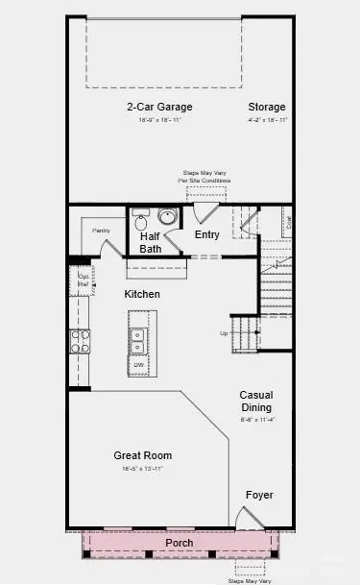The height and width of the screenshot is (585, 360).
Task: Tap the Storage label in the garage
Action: pos(267,107)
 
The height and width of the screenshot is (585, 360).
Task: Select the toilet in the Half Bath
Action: pos(141,218)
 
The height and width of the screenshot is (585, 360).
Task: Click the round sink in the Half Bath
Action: pos(167,216)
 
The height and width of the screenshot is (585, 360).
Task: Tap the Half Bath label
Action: pos(151,242)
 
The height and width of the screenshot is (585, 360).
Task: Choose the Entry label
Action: pos(206,234)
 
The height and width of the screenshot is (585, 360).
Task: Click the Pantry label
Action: pos(102,231)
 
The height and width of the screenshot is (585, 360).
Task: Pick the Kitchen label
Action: pos(141,294)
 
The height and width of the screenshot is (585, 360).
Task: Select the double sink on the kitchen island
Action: pos(138,341)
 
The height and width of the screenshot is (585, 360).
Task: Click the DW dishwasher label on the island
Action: pos(139,365)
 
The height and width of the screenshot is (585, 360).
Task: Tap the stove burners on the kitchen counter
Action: pos(79,341)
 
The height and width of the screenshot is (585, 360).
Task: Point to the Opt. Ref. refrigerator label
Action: pos(83,281)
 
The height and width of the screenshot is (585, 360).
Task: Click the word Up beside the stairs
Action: pos(225,334)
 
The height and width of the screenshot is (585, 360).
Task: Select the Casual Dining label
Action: pos(257,401)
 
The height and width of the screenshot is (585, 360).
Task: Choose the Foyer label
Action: pos(258,496)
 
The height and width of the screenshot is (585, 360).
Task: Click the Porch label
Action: pos(180,543)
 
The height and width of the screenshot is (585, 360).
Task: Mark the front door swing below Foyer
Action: pos(247,519)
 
